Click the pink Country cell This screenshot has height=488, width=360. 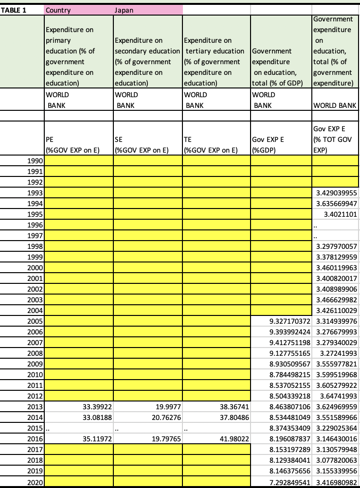point(57,9)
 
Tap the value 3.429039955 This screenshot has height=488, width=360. point(337,193)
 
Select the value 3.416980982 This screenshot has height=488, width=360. point(337,482)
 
